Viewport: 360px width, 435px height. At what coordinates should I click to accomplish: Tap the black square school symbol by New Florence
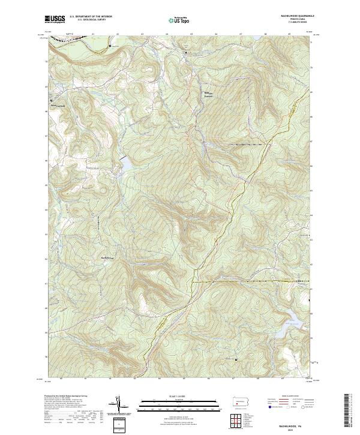(x=52, y=100)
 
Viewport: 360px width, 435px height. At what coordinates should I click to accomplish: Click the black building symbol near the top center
(x=185, y=53)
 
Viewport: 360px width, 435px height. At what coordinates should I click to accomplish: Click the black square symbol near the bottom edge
(x=236, y=359)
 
